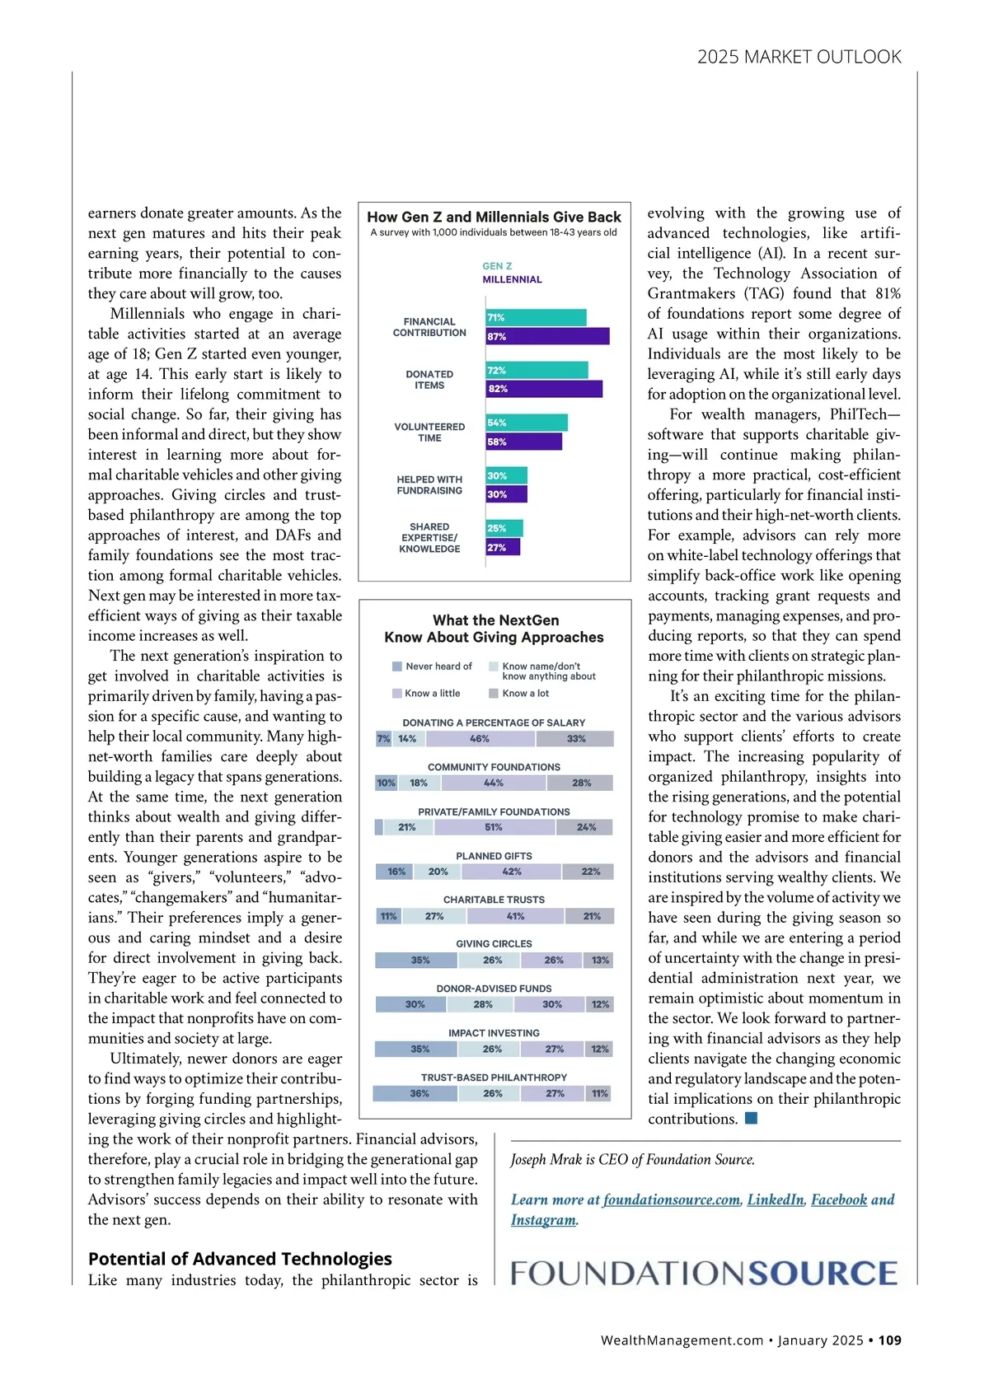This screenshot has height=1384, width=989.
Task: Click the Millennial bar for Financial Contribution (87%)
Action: [547, 336]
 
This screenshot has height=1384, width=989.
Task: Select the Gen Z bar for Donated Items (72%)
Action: [537, 371]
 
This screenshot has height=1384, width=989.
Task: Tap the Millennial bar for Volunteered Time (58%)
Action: [523, 442]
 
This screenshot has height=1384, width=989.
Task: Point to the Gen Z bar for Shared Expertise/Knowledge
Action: [504, 528]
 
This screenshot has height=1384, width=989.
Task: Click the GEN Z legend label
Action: [497, 266]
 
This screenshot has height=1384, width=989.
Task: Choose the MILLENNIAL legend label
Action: [512, 279]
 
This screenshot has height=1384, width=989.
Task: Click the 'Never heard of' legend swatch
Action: [397, 666]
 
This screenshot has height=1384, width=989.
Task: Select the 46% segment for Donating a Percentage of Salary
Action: [480, 739]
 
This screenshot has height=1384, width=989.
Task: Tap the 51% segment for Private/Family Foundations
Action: [494, 827]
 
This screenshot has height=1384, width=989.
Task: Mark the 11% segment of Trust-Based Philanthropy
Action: [600, 1093]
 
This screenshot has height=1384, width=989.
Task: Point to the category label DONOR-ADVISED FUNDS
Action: [494, 989]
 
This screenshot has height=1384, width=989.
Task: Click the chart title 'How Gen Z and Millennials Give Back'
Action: [494, 217]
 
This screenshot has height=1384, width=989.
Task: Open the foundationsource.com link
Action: [672, 1199]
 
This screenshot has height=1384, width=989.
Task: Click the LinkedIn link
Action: [776, 1199]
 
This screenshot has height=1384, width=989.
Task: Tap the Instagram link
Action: [543, 1220]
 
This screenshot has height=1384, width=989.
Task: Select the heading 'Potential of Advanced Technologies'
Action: [240, 1259]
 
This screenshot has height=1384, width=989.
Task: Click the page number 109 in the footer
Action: [889, 1340]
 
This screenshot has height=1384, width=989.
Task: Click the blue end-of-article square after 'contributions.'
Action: [751, 1118]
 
